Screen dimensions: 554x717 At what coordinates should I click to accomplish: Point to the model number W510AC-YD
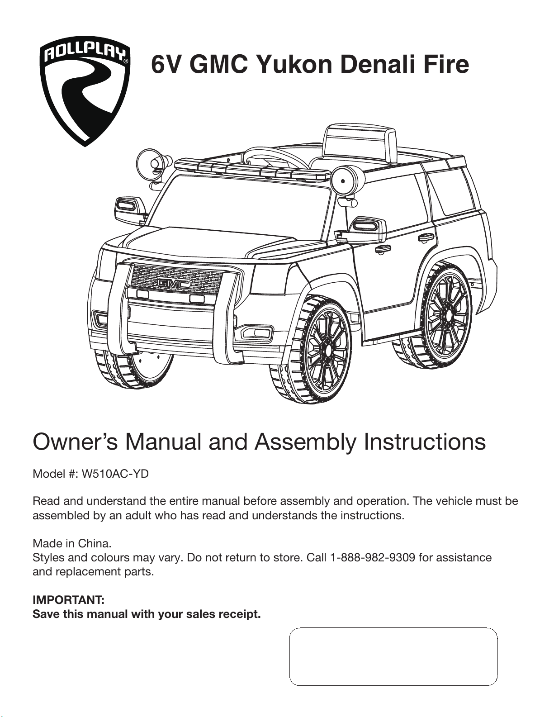coord(115,474)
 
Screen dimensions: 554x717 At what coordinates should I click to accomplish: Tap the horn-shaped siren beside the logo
coord(154,163)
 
